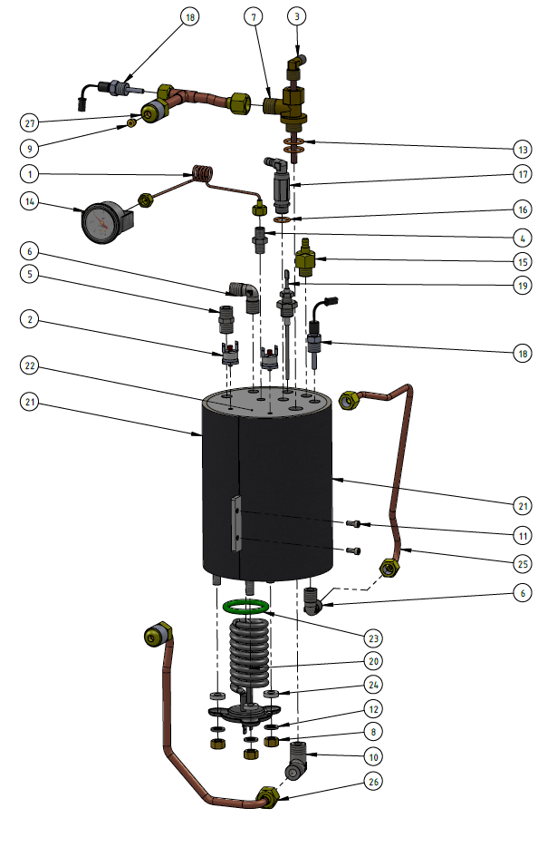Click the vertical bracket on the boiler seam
[237, 524]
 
